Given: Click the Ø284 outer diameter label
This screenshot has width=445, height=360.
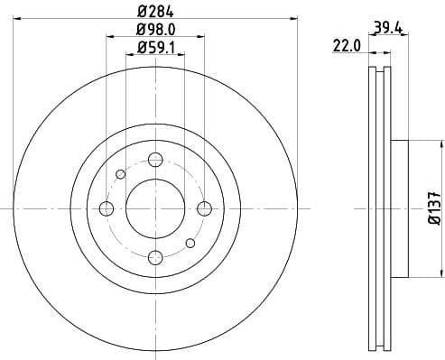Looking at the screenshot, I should coord(155,11).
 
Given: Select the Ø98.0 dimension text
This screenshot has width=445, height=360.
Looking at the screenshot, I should coord(155,29).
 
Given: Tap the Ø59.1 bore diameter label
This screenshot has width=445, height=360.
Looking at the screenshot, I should coord(155,47).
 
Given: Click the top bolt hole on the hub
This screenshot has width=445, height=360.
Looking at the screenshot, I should coord(155,160).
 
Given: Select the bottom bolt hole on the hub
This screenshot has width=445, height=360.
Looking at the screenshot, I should coord(155,257).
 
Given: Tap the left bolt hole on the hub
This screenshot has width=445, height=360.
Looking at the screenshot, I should coord(107,208).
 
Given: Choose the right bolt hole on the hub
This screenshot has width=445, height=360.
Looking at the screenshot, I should coord(204,208).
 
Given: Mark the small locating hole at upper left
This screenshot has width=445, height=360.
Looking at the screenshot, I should coord(120,174).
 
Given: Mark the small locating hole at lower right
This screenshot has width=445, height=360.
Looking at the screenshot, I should coord(190,243).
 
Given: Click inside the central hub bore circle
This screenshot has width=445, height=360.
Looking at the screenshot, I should coord(155,208).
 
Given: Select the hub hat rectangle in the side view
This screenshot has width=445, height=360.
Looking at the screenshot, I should coord(400,208).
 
